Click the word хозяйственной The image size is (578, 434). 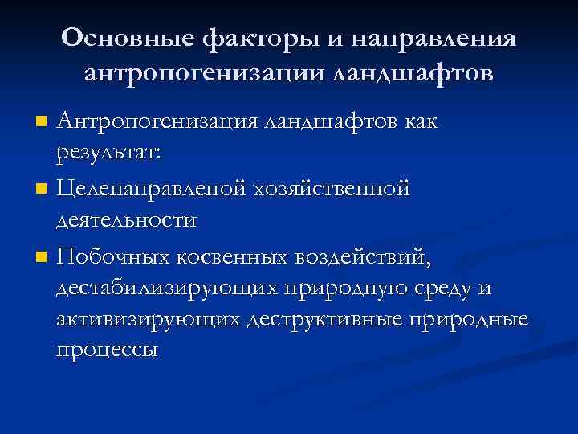point(332,190)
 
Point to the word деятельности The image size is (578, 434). point(126,219)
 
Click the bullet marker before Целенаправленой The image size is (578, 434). point(41,191)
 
